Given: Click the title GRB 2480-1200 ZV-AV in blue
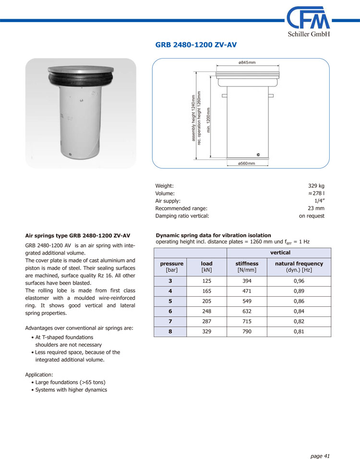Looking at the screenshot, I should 196,45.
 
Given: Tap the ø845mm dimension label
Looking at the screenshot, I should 247,63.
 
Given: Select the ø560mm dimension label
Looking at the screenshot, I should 247,164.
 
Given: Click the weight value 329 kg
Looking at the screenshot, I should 316,185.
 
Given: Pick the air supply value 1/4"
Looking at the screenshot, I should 319,201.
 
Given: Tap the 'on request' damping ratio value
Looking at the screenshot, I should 312,216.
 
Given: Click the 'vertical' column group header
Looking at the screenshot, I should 280,253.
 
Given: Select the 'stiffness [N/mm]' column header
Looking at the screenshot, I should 247,267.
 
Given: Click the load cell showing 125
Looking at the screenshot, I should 206,281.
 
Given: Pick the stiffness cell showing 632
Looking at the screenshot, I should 247,311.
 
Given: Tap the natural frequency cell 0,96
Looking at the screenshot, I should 299,281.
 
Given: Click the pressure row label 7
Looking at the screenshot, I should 170,321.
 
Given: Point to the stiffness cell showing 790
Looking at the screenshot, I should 247,331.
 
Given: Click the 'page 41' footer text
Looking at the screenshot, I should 320,443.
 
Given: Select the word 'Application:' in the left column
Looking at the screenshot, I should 39,374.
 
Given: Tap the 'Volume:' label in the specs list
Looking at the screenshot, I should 165,193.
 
